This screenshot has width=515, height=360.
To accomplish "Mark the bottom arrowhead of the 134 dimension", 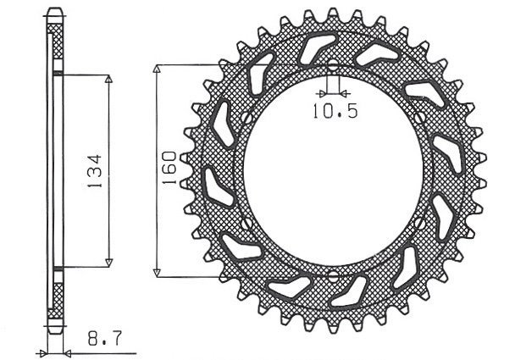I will coord(108,262).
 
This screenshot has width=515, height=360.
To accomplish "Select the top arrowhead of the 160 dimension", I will coord(158,69).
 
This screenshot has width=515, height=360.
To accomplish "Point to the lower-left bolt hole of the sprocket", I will coord(244,224).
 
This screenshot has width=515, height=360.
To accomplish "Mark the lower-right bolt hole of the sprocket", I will coord(421,224).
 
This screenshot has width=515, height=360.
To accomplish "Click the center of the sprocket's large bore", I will coord(332,170).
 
